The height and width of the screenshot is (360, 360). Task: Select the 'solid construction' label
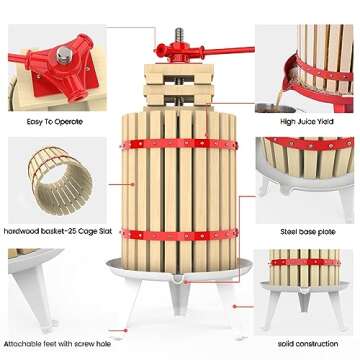pyautogui.click(x=311, y=343)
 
